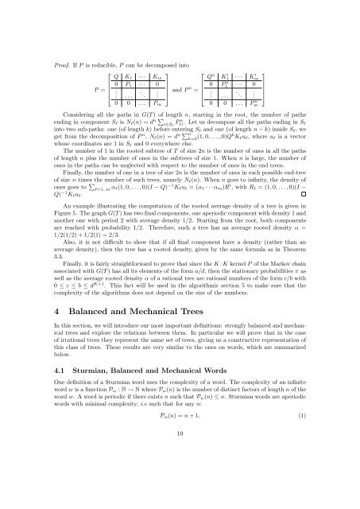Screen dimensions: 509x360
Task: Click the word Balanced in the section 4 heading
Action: tap(85, 328)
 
